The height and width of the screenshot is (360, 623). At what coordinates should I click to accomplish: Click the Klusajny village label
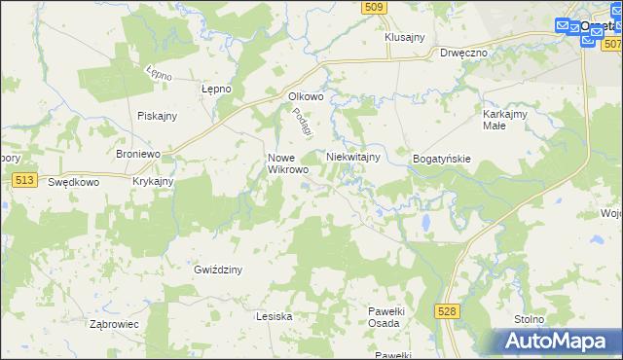coord(405,37)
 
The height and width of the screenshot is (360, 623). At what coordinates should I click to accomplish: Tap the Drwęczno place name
coord(462,53)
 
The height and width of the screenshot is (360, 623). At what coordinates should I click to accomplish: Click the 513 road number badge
coord(26,180)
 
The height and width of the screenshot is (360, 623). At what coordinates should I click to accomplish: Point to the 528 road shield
coord(447,310)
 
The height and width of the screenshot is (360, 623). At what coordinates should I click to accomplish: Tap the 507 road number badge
coord(611,45)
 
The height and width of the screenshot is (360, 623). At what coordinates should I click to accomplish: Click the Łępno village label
coord(215,89)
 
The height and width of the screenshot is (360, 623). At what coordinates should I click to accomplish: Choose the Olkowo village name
coord(306,96)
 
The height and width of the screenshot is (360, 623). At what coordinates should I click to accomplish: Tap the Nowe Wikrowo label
coord(288,163)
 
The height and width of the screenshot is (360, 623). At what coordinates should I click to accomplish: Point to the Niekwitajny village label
coord(352,156)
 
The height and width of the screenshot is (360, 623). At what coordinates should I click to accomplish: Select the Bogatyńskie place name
coord(442,158)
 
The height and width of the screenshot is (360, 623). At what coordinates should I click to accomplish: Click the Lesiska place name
coord(274,316)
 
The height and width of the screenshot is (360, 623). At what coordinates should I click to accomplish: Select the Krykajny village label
coord(153,181)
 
